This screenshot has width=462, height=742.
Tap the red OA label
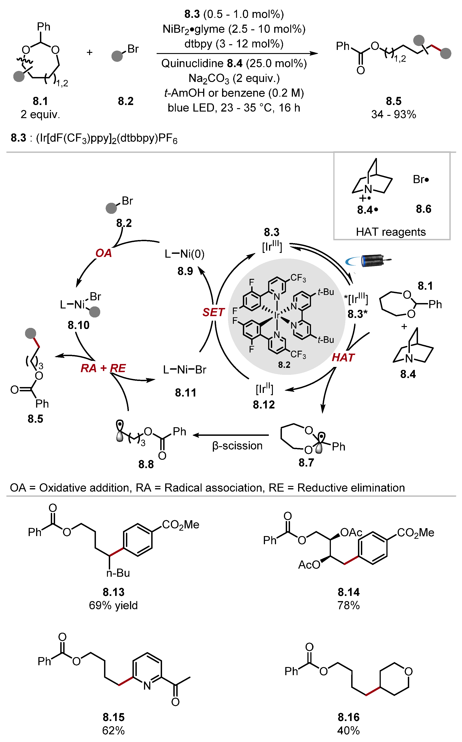click(103, 253)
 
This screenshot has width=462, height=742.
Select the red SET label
click(213, 312)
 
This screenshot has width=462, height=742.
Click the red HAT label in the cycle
click(343, 357)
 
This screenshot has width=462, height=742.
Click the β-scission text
click(237, 446)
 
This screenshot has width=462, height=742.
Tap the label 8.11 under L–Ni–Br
click(186, 392)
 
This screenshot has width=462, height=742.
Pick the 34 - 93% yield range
click(394, 114)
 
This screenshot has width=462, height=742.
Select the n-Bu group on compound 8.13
click(118, 573)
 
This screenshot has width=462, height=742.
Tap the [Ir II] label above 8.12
click(264, 389)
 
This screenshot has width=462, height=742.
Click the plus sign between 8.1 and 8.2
click(90, 52)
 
